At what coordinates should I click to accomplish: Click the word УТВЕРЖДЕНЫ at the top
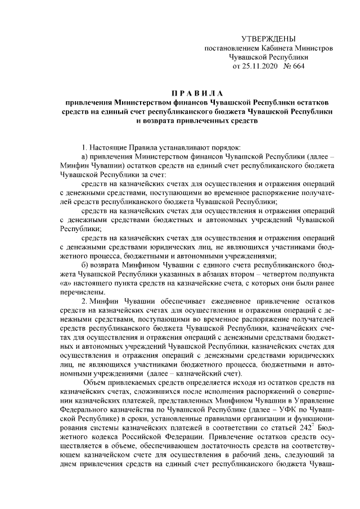click(x=268, y=39)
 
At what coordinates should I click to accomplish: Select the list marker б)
click(x=85, y=265)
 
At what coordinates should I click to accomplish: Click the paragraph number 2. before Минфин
click(x=84, y=301)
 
